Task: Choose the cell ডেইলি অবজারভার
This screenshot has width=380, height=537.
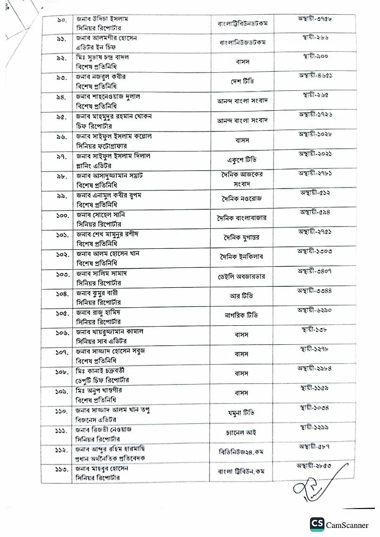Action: pos(241,276)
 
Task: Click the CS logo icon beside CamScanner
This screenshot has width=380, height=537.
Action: pos(317,524)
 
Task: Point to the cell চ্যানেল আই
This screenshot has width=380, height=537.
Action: pos(241,433)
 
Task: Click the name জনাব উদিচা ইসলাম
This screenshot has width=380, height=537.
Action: pos(103,19)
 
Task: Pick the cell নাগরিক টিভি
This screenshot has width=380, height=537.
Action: pos(241,315)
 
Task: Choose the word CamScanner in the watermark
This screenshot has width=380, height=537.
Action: pos(347,525)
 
